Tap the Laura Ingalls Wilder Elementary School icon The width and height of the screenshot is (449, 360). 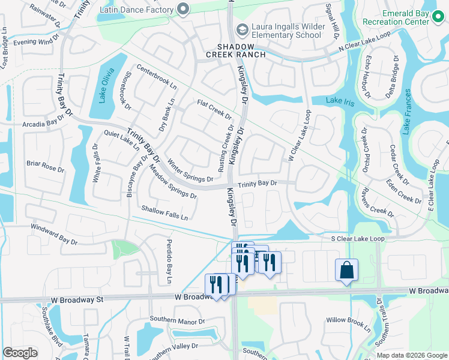pos(241,29)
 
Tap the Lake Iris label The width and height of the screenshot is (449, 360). pos(340,101)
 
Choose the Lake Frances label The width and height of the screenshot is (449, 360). pos(408,110)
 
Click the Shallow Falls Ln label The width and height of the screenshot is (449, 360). pos(164,212)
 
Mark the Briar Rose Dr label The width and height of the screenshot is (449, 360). pos(45,166)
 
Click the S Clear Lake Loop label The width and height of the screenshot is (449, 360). pos(358,238)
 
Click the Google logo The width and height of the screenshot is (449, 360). pos(20,353)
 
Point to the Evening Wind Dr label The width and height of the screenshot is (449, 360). pos(37,42)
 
